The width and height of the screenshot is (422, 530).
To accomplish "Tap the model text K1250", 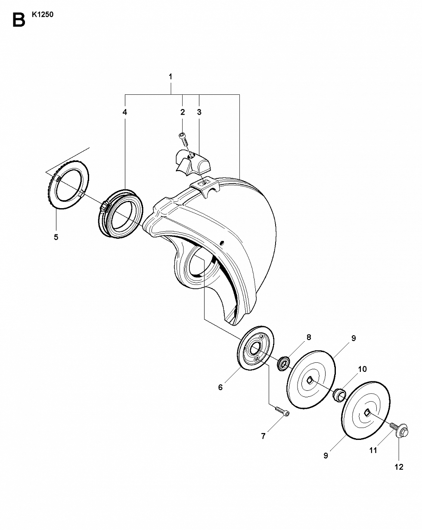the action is coord(42,15).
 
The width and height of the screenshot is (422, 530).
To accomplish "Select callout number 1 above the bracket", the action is coord(171,77).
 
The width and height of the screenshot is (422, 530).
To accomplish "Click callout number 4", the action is coord(125,112).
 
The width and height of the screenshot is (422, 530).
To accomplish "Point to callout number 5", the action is coord(56,237).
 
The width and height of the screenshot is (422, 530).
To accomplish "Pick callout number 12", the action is coord(399,467).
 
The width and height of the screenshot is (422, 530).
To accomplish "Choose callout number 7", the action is coord(263,436).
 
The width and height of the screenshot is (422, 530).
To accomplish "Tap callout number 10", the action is coord(362,369).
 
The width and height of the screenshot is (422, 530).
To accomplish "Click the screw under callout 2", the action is coord(183,140).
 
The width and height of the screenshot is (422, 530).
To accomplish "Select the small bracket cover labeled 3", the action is coord(193,162).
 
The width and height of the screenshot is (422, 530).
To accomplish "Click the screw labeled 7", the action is coord(282,411).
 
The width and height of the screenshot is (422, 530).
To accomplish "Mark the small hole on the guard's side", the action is coord(222,243).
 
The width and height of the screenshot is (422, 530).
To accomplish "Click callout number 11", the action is coord(373,450).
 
